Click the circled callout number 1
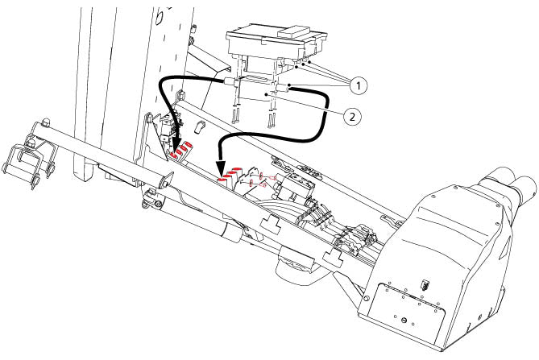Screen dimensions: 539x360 coord(359,85)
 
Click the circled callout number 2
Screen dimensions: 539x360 coord(352,117)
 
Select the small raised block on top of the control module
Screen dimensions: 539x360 coord(294,31)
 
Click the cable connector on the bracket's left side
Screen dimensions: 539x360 coord(230,82)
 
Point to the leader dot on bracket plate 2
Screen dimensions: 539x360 coord(266,93)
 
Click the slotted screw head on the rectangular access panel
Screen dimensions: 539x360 coord(404,320)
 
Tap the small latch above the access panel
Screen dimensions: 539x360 coord(425,285)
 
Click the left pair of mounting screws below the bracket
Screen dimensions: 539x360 coord(237,115)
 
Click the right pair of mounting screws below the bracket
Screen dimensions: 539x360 coord(272,119)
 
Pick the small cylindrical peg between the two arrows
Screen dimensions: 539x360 coord(200,126)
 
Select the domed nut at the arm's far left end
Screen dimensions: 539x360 coord(45,122)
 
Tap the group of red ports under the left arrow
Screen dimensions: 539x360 coord(181,150)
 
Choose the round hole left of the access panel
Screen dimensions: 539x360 coord(365,298)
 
